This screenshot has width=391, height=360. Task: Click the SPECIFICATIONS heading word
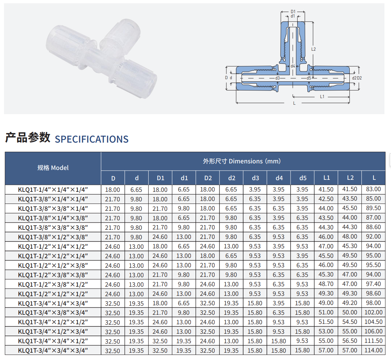[92, 139]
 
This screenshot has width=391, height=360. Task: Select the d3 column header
[255, 178]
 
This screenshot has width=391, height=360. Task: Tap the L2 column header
[350, 178]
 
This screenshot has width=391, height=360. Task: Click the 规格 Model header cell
[53, 168]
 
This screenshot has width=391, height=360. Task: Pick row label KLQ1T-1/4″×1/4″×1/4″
[53, 190]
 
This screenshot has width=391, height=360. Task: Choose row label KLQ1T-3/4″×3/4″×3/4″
[53, 351]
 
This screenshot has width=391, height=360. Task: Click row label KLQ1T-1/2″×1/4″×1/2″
[53, 247]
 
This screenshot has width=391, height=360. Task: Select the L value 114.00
[373, 350]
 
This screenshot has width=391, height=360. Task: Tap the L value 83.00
[373, 189]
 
